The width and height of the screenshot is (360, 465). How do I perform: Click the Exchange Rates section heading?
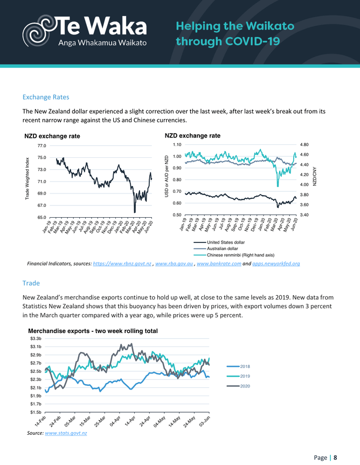46,98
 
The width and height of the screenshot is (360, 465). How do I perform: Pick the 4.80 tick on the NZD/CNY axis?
304,145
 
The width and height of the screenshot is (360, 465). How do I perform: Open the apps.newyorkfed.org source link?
275,264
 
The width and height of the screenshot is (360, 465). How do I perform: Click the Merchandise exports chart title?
92,331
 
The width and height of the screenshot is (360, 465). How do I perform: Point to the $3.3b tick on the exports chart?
35,338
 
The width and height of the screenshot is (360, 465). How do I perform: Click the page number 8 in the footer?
335,457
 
